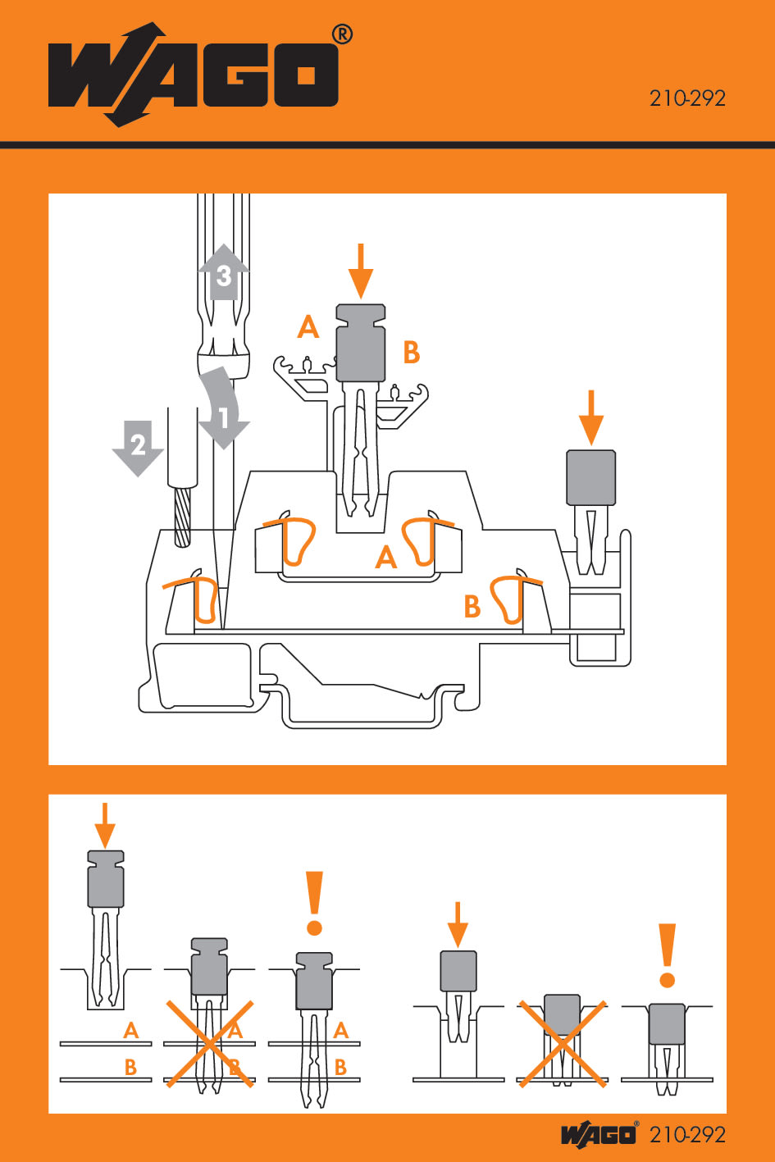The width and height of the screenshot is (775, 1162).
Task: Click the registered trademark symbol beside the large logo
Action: click(x=343, y=34)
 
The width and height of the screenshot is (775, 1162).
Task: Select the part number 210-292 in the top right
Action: click(x=687, y=98)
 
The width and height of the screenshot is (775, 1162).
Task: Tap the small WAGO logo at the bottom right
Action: click(x=599, y=1134)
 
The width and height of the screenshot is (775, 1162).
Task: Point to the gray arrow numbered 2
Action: click(x=137, y=447)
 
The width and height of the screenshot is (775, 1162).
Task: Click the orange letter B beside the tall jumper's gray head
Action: click(x=411, y=353)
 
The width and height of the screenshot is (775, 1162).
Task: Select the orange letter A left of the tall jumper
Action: click(x=308, y=327)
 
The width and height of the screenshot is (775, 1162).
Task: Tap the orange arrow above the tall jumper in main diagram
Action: click(x=361, y=271)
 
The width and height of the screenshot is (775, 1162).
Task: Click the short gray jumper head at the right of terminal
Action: click(x=590, y=477)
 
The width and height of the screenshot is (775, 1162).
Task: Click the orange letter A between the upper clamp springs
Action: click(x=385, y=558)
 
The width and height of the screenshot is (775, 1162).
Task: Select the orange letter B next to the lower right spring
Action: click(x=472, y=606)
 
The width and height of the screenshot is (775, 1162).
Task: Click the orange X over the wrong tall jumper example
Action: click(x=210, y=1043)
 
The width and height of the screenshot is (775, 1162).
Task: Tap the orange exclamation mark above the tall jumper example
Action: click(x=314, y=902)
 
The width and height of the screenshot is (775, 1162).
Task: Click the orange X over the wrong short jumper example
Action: click(x=562, y=1043)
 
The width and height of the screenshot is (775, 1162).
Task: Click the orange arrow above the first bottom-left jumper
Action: click(x=104, y=825)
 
